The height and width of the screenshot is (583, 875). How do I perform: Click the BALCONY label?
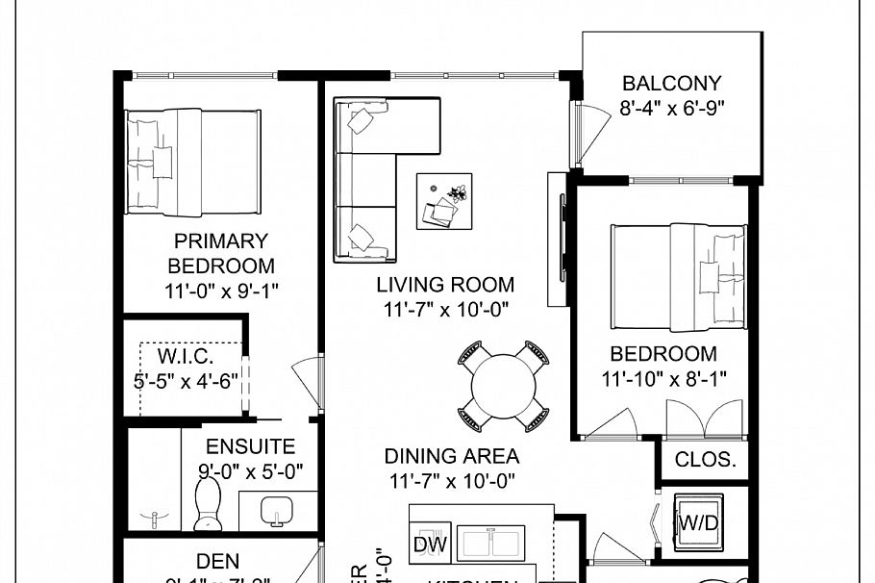tap(671, 83)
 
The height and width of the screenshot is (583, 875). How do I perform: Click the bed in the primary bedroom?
tap(193, 162)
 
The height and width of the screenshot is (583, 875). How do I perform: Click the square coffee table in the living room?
tap(444, 200)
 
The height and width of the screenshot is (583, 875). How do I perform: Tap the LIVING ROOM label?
tap(444, 285)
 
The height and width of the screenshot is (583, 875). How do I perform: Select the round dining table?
tap(504, 387)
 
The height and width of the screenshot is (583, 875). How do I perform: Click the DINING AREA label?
tap(451, 456)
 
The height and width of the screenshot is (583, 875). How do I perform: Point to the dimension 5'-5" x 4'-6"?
tap(186, 381)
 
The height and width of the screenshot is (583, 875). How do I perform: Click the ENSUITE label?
tap(251, 447)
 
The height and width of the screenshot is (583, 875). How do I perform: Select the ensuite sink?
tap(277, 510)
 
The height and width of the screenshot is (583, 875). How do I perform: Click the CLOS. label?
tap(705, 460)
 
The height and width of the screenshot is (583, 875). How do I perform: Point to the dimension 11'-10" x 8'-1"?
tap(663, 379)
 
